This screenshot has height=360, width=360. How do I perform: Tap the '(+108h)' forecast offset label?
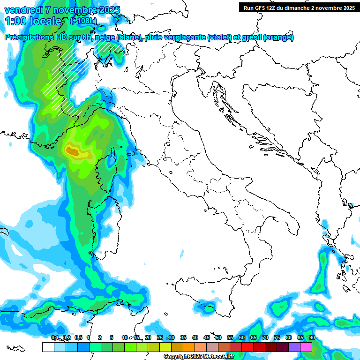83,21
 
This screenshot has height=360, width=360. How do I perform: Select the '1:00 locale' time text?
32,21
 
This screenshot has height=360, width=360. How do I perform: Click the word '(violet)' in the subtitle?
223,37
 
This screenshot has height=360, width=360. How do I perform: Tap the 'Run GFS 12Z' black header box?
299,7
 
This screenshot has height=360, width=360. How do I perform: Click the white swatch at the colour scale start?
48,347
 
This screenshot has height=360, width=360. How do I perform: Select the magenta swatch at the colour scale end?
306,347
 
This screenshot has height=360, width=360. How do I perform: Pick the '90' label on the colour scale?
312,337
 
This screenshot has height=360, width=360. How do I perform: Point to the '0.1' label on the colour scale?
54,337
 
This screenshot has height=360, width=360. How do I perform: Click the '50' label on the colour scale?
218,337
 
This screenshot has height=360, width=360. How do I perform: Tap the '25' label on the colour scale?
159,337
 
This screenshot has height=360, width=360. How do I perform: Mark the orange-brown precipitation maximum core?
73,150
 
